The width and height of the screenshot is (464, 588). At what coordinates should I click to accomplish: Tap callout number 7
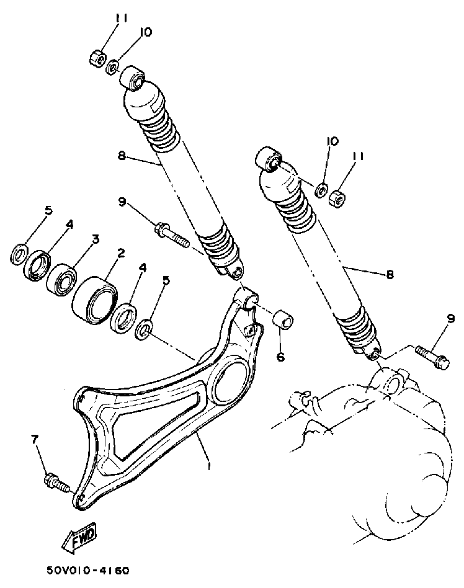coord(35,439)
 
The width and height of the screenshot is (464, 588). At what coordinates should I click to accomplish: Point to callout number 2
coord(120,252)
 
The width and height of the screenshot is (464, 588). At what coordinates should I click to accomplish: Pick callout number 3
coord(96,239)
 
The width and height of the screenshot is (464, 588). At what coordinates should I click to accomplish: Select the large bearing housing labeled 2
coord(94,301)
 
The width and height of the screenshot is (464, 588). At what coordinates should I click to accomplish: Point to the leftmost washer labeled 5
coord(19,254)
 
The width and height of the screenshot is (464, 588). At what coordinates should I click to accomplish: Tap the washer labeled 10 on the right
coord(321,189)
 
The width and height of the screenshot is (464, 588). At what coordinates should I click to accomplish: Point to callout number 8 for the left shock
coord(122,156)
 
